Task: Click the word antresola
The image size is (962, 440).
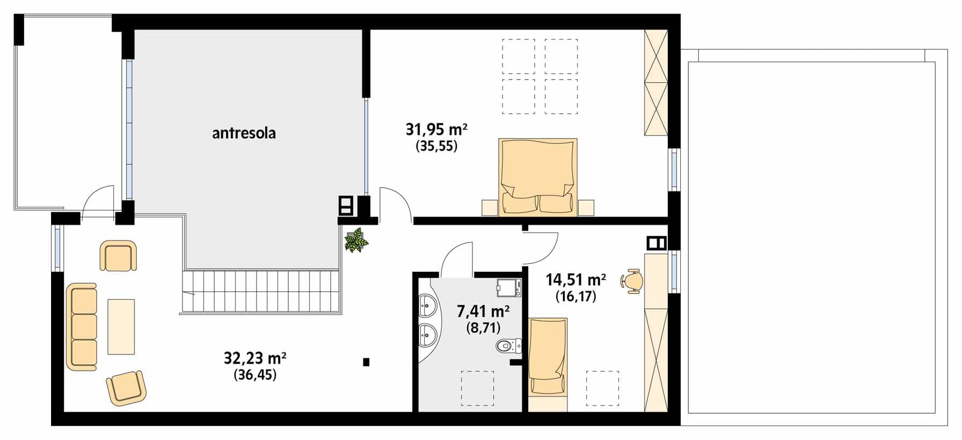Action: tap(244, 133)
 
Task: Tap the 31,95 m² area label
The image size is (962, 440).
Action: tap(436, 129)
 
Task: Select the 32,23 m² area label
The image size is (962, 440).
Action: tap(255, 357)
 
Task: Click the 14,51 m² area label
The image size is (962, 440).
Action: tap(576, 280)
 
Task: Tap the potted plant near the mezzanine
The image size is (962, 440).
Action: tap(356, 240)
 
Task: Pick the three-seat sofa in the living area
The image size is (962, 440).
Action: tap(82, 327)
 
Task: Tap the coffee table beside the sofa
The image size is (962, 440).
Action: tap(121, 327)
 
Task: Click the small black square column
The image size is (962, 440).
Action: tap(366, 362)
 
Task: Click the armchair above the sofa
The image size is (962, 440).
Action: tap(118, 256)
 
